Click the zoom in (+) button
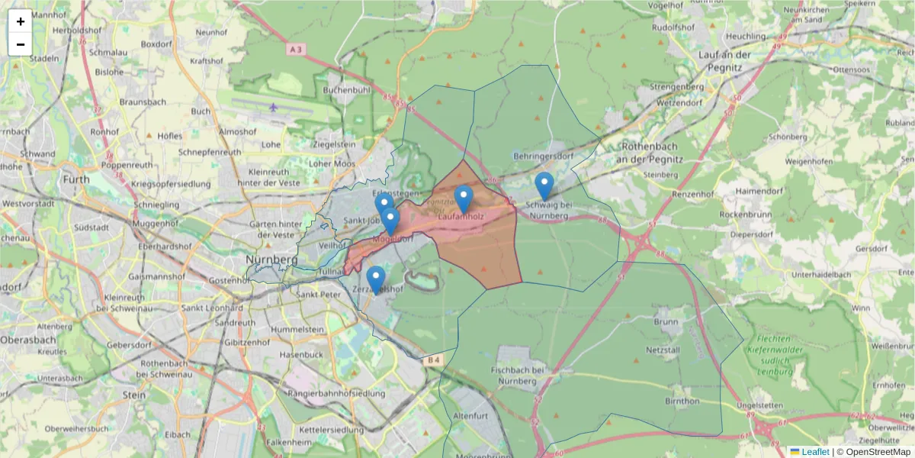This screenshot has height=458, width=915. (x=21, y=21)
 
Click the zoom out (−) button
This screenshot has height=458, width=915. (x=21, y=44)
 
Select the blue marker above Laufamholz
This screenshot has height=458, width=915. (x=464, y=198)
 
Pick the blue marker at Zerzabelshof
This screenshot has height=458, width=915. (x=375, y=279)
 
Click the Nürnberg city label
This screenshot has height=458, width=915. (x=271, y=260)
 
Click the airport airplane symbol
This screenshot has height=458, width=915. (x=273, y=107)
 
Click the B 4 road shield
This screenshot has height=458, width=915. (x=433, y=359)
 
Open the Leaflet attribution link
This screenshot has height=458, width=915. (x=814, y=452)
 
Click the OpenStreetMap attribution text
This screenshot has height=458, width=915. (x=878, y=452)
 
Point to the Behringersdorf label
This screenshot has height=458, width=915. (x=544, y=155)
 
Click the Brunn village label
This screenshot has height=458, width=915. (x=665, y=322)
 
